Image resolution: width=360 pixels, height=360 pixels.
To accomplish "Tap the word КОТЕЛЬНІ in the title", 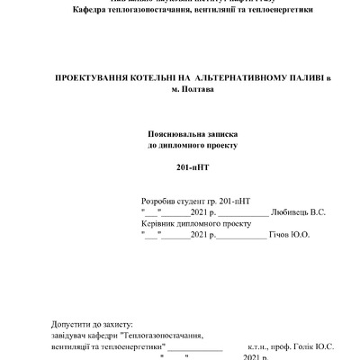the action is pyautogui.click(x=164, y=79).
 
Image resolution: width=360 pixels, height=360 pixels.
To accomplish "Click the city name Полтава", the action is pyautogui.click(x=198, y=90).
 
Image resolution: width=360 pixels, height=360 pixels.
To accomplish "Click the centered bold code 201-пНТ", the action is pyautogui.click(x=190, y=168).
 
